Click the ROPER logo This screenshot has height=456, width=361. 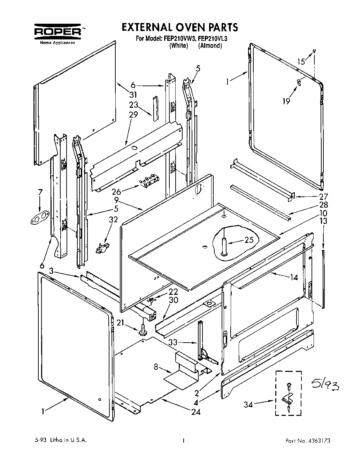coord(58,32)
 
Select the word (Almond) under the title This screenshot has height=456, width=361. coord(210,46)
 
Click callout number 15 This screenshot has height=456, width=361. coord(301,62)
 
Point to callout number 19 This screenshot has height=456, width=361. coord(286,102)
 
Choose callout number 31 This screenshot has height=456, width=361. coord(133,94)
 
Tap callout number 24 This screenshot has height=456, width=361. coord(196,412)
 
